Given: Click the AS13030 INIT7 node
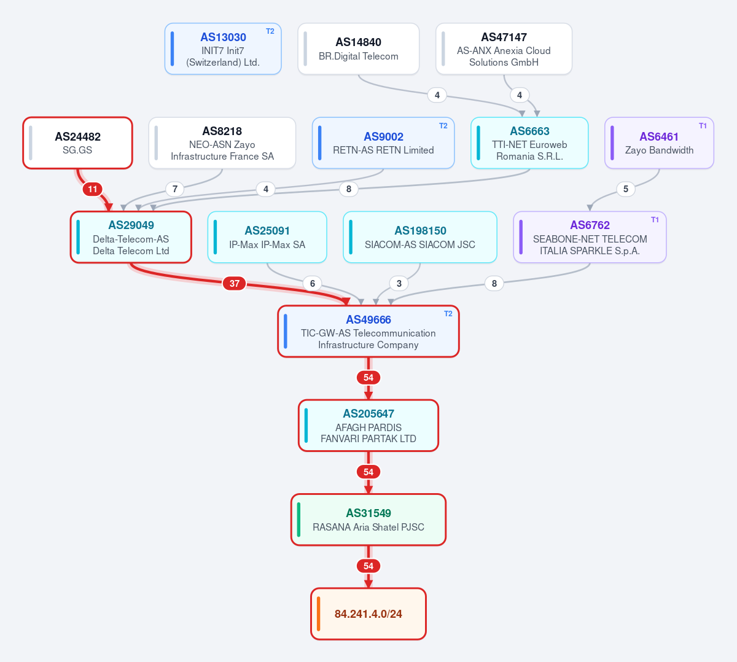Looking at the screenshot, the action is click(x=223, y=49).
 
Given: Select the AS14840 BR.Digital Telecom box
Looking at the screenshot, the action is click(x=358, y=49).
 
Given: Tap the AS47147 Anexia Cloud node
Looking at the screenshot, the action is click(x=504, y=49).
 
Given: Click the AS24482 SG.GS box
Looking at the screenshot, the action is click(x=77, y=143).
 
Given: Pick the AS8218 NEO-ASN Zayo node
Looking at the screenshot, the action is click(x=222, y=143).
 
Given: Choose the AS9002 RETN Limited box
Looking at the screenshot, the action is click(x=383, y=143).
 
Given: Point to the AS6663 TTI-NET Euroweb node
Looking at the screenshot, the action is click(x=529, y=143).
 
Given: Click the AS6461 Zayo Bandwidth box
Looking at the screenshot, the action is click(x=659, y=143).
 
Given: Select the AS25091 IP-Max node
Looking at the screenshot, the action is click(x=267, y=237).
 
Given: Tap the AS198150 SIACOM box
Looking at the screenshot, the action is click(x=420, y=237).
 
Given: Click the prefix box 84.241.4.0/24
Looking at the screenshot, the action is click(x=368, y=614).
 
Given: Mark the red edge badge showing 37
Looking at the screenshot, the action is click(x=235, y=283).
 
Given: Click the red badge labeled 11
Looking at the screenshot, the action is click(x=92, y=189).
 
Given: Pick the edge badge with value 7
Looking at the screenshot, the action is click(x=175, y=189).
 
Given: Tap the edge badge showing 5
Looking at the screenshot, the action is click(x=626, y=189).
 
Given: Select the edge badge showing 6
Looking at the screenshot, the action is click(x=313, y=283).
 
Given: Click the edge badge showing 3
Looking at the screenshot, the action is click(x=399, y=283).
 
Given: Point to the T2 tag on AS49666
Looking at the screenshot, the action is click(x=448, y=314).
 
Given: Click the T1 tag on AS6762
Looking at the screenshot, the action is click(x=655, y=220).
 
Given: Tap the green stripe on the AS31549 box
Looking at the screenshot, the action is click(x=298, y=520).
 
